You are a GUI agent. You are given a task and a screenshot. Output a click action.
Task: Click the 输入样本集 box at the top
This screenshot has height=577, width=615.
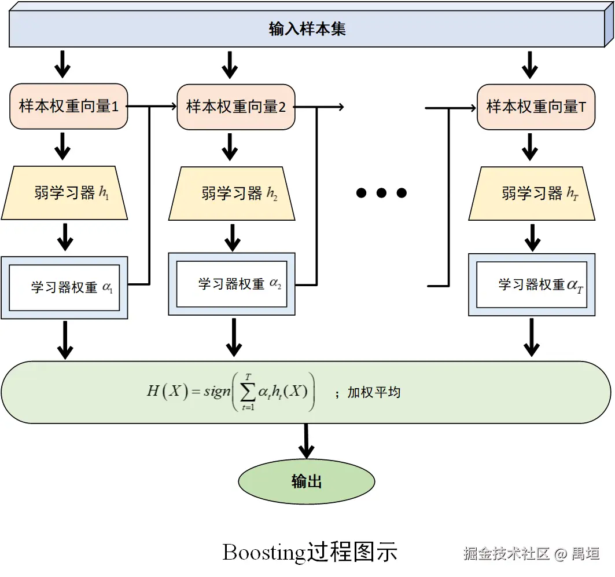click(307, 29)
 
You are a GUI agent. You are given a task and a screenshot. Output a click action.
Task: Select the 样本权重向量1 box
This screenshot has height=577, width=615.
click(68, 107)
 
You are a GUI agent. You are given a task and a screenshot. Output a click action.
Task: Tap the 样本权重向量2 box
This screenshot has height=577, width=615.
click(235, 107)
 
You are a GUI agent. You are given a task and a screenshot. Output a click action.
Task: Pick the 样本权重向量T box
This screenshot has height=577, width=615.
click(536, 107)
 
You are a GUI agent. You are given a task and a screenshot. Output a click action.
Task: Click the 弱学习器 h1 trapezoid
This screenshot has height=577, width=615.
click(64, 193)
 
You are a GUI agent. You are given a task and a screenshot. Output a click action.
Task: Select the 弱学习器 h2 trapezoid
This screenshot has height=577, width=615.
click(231, 193)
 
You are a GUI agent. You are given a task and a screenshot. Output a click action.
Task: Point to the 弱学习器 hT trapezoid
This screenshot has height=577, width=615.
click(532, 193)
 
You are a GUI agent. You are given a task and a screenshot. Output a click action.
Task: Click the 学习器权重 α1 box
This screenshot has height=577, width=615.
click(64, 287)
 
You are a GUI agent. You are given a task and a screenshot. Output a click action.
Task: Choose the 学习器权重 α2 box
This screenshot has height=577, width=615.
click(231, 284)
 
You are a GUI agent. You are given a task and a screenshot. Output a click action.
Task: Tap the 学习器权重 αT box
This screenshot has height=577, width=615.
click(532, 284)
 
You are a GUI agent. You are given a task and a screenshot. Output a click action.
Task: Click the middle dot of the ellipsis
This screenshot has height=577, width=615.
click(381, 193)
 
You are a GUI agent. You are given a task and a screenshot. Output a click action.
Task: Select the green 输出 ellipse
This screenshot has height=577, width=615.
click(307, 481)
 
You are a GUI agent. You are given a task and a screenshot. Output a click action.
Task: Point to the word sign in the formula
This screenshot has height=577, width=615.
click(217, 392)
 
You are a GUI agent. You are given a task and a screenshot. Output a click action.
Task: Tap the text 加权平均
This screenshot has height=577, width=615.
click(374, 393)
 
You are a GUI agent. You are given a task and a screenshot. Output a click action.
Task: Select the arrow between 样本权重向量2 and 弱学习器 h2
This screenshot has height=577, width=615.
click(230, 148)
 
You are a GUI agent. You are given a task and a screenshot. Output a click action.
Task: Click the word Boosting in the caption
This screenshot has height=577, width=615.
click(264, 552)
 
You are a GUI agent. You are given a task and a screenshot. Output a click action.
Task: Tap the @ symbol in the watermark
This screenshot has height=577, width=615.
click(560, 554)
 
